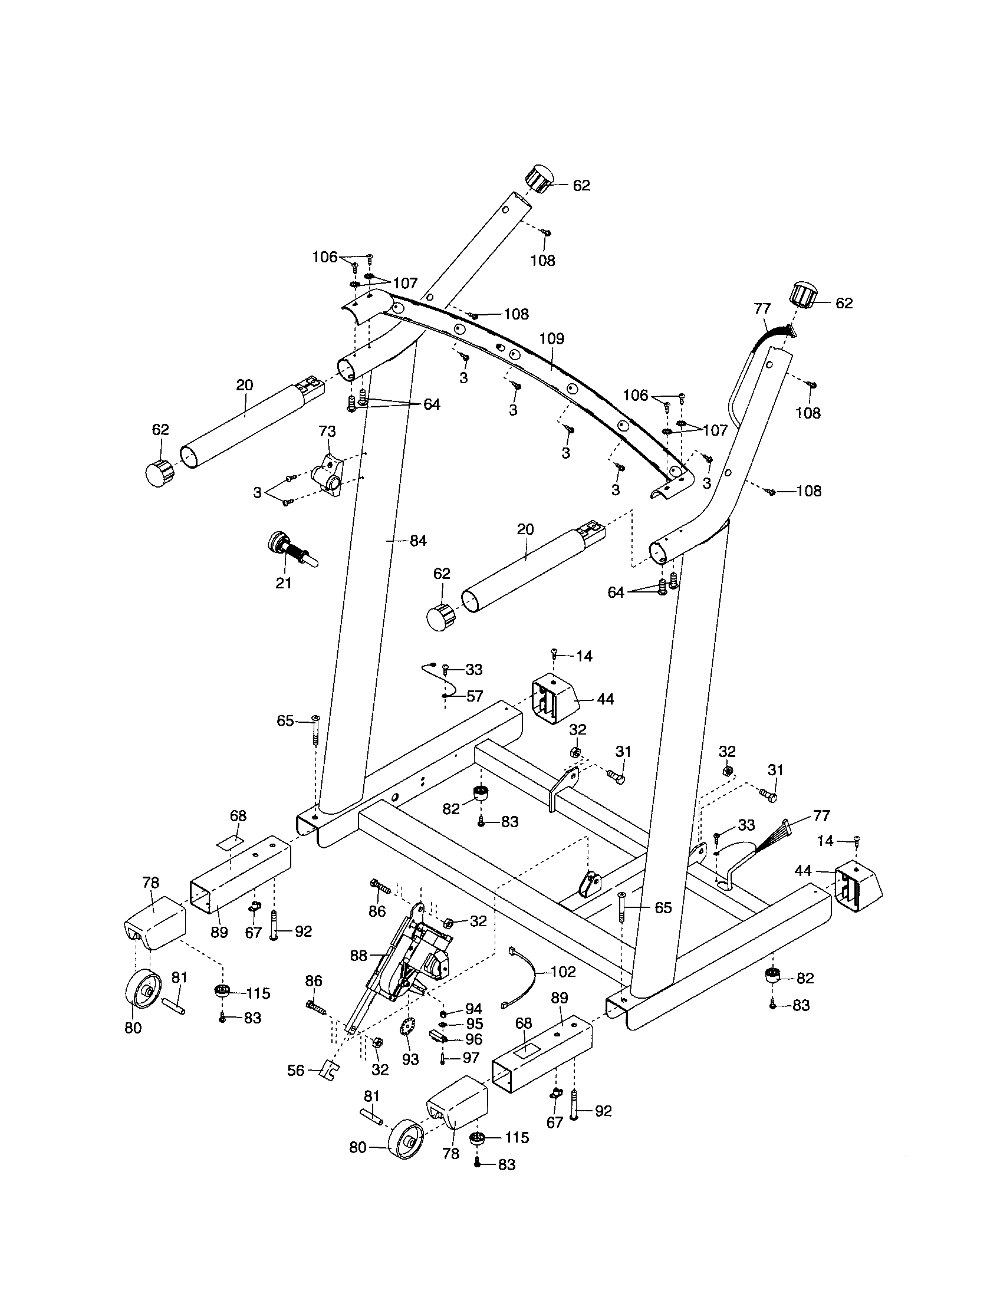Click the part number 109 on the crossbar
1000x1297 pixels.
552,338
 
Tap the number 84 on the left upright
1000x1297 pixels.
418,541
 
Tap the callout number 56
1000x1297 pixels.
296,1070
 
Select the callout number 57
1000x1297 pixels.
475,696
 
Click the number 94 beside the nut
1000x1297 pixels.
474,1008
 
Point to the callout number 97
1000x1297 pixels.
471,1056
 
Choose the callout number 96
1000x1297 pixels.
474,1039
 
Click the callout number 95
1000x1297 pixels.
474,1024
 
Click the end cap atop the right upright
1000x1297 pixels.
803,295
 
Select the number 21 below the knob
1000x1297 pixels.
284,583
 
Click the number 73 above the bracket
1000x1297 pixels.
327,431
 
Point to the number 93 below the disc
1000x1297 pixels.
410,1059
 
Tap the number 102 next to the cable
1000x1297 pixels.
563,972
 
